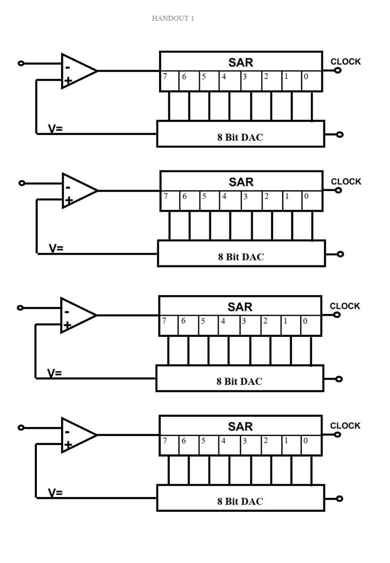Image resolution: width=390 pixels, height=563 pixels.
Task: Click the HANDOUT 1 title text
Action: pyautogui.click(x=173, y=18)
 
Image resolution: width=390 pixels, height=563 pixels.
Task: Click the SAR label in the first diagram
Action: pyautogui.click(x=241, y=63)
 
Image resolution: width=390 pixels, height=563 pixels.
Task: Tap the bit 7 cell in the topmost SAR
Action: pyautogui.click(x=169, y=81)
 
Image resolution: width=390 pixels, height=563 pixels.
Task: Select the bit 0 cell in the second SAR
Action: pyautogui.click(x=312, y=201)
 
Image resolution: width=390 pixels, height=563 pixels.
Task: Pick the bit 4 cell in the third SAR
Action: pyautogui.click(x=229, y=326)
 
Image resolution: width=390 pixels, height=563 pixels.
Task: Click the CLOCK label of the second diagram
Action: pyautogui.click(x=346, y=182)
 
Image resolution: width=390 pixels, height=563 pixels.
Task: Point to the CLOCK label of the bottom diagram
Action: pyautogui.click(x=345, y=426)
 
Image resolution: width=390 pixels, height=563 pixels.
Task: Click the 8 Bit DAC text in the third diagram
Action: pyautogui.click(x=239, y=381)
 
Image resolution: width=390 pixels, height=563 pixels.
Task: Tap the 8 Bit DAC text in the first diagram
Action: pyautogui.click(x=240, y=137)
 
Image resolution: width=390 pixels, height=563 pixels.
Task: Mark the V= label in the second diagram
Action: pyautogui.click(x=56, y=248)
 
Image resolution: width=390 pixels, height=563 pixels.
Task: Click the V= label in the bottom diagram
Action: pyautogui.click(x=55, y=493)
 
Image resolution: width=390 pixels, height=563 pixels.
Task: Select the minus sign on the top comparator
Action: pyautogui.click(x=67, y=67)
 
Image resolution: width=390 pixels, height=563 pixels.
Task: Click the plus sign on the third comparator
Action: pyautogui.click(x=67, y=325)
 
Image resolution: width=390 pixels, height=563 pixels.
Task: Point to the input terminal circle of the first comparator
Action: pyautogui.click(x=21, y=63)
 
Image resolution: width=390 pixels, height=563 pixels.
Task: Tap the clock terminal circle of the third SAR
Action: pyautogui.click(x=337, y=314)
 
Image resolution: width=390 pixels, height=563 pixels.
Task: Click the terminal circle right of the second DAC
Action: pyautogui.click(x=340, y=254)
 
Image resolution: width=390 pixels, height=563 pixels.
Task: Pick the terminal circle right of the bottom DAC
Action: pyautogui.click(x=339, y=498)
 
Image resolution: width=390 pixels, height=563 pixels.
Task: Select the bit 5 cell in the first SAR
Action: pyautogui.click(x=209, y=81)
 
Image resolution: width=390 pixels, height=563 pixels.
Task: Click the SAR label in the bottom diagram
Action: pyautogui.click(x=240, y=427)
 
